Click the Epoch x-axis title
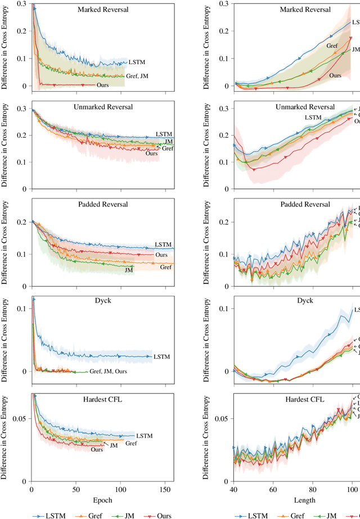[103, 500]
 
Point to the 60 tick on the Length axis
[273, 490]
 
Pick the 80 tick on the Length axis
[312, 490]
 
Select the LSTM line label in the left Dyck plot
[161, 356]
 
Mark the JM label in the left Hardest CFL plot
[113, 445]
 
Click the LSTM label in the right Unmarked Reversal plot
[313, 118]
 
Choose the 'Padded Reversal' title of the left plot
[102, 204]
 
